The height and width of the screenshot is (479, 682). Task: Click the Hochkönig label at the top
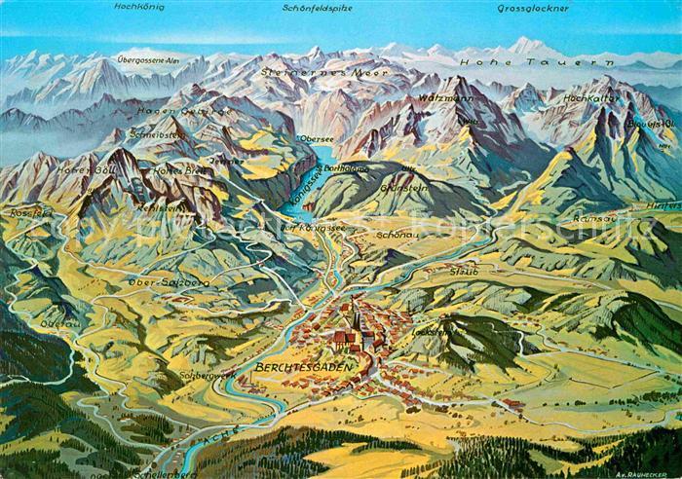[138, 7]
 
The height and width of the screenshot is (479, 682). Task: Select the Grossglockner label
[532, 8]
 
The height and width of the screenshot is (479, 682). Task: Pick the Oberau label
[59, 322]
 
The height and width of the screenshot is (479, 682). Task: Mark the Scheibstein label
[156, 135]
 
